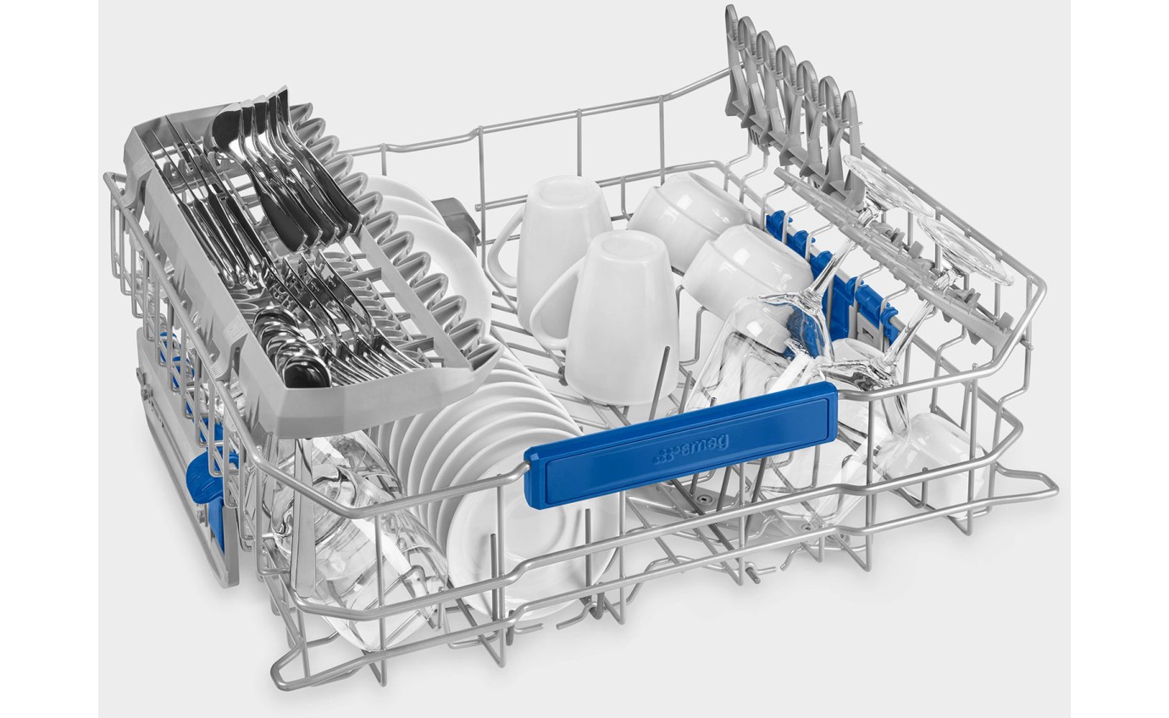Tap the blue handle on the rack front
click(x=680, y=444)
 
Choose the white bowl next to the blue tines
click(x=746, y=277)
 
